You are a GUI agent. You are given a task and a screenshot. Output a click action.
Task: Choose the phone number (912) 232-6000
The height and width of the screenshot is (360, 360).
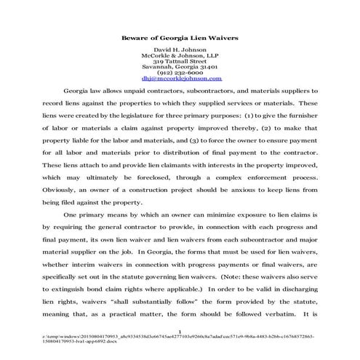(179, 79)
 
